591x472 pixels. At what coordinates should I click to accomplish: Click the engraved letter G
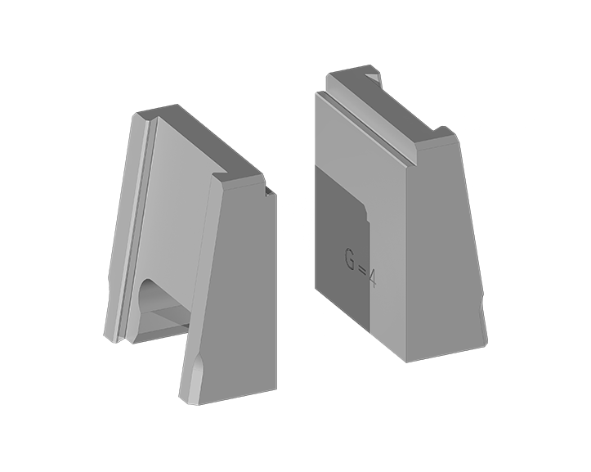click(350, 258)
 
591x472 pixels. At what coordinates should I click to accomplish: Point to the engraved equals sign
click(361, 270)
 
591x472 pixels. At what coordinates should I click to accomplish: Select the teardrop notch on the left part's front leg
click(196, 369)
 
